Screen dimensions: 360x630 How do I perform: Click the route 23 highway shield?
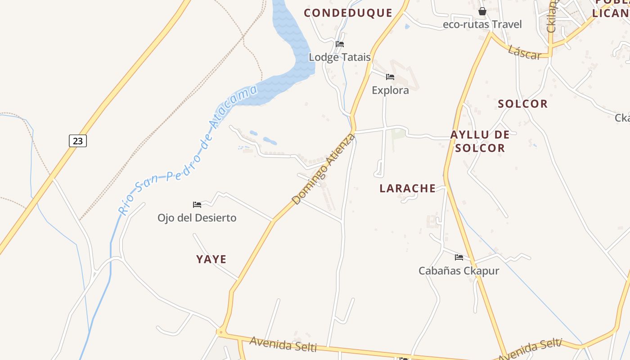click(x=78, y=141)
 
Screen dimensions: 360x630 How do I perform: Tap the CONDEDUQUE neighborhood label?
click(x=348, y=13)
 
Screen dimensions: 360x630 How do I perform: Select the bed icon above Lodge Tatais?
click(x=340, y=44)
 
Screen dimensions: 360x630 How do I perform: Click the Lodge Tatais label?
click(x=340, y=57)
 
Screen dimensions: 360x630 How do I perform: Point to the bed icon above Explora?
click(x=390, y=77)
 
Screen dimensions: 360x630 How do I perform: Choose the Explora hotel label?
click(x=390, y=90)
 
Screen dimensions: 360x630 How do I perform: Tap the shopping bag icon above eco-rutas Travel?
click(x=482, y=11)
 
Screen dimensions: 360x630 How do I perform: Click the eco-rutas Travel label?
click(x=482, y=24)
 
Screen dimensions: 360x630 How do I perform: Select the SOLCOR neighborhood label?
click(x=522, y=104)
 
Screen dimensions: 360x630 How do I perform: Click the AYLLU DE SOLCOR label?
click(x=480, y=141)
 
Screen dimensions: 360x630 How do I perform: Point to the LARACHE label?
click(x=408, y=188)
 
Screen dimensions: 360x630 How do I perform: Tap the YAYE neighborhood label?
click(x=211, y=259)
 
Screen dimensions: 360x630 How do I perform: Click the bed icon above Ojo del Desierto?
click(x=197, y=205)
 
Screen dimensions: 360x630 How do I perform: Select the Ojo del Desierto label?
click(x=197, y=218)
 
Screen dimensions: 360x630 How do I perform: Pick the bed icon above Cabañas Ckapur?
click(x=459, y=257)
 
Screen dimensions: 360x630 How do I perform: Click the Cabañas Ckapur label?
click(x=459, y=271)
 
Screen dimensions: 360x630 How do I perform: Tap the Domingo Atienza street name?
click(x=323, y=169)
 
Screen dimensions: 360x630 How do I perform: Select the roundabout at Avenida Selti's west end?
click(x=220, y=333)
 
